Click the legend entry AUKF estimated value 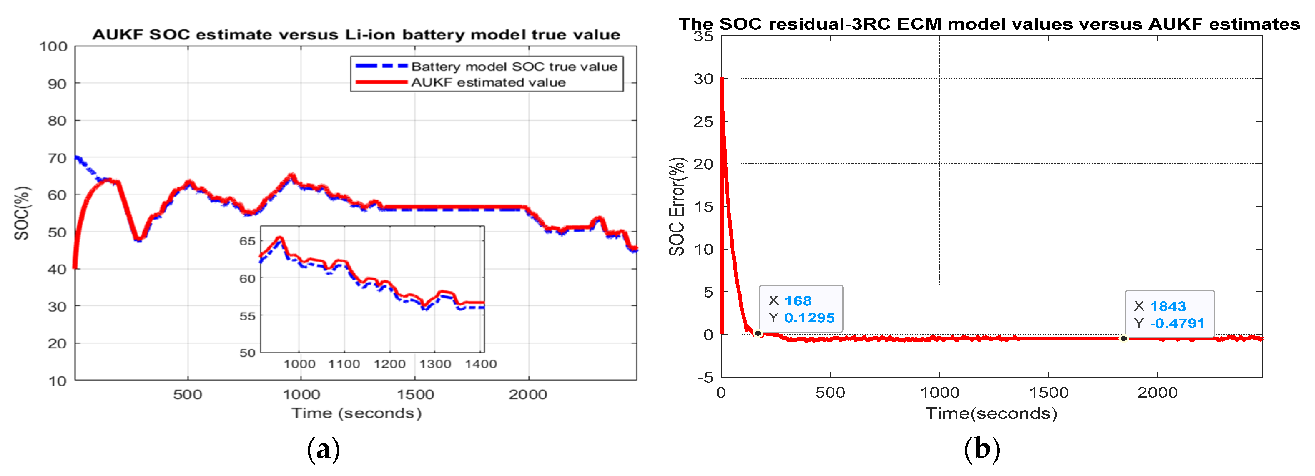coord(488,82)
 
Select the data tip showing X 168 coord(801,309)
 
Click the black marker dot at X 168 coord(758,334)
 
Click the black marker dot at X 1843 coord(1124,338)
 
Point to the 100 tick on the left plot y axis coord(54,46)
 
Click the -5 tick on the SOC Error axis coord(705,377)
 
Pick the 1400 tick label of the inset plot coord(481,364)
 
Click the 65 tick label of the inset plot coord(247,241)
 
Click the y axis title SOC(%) coord(22,213)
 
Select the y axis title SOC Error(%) coord(677,206)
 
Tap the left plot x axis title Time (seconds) coord(356,413)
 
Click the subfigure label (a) coord(323,450)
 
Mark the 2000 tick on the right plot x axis coord(1157,392)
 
